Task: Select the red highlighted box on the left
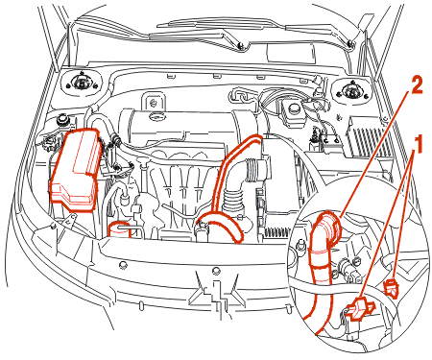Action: click(x=75, y=169)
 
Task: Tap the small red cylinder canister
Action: click(x=120, y=229)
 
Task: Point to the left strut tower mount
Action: click(x=81, y=84)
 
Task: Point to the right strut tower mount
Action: click(x=350, y=90)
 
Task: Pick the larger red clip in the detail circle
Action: click(x=359, y=308)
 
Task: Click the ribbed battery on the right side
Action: click(x=368, y=136)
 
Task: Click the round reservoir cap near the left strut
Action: click(x=61, y=120)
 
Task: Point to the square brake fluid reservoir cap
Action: click(x=293, y=109)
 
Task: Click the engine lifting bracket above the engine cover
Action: click(x=154, y=102)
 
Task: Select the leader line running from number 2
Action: click(x=372, y=155)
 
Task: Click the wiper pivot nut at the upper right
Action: click(x=350, y=42)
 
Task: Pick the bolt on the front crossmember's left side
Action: click(x=122, y=265)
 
